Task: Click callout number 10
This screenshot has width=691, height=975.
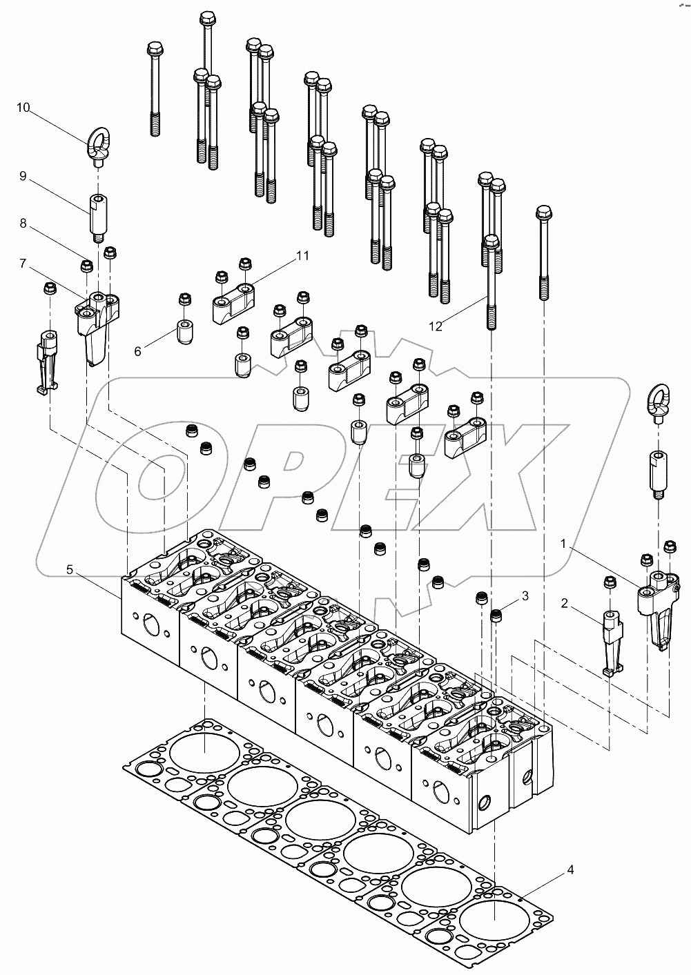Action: pos(23,107)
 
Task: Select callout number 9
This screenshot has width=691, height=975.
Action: pos(23,177)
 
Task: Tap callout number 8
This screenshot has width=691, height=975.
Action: pos(23,224)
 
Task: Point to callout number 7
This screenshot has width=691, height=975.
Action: pos(23,264)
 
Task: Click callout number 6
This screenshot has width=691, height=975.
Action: pos(137,351)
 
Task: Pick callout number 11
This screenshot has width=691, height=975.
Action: pos(302,255)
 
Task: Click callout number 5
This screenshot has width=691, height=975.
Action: pos(70,569)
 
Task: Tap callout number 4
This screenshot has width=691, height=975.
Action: pos(570,869)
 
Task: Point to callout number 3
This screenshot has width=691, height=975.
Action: pos(525,595)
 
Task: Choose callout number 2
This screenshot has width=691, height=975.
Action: pos(564,604)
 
